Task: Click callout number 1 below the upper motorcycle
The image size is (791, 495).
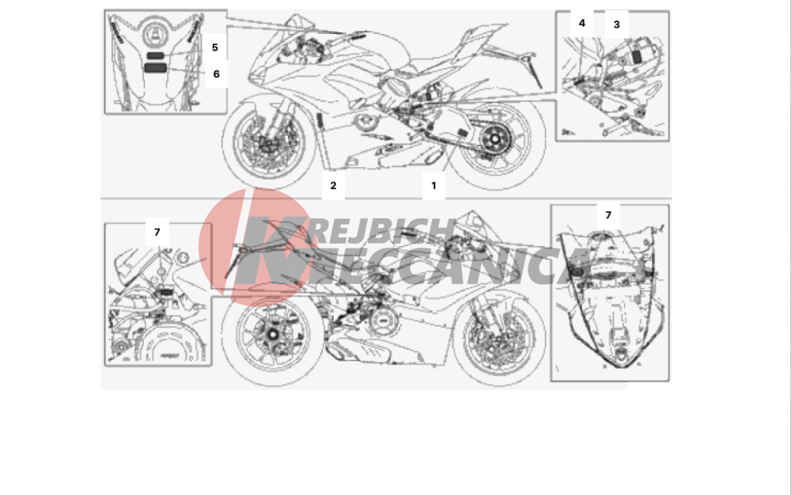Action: pyautogui.click(x=433, y=186)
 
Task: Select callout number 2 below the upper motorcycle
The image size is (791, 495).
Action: pyautogui.click(x=333, y=186)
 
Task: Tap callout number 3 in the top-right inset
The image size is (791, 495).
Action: pyautogui.click(x=616, y=25)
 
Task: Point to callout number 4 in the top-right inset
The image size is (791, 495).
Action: pyautogui.click(x=581, y=23)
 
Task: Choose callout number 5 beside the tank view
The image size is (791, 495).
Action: pyautogui.click(x=215, y=47)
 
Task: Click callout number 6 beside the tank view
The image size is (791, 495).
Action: pyautogui.click(x=217, y=74)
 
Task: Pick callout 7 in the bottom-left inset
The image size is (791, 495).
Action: pyautogui.click(x=157, y=232)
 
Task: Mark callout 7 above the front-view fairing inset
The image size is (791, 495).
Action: pyautogui.click(x=608, y=215)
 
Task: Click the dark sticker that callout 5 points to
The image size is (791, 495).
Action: pyautogui.click(x=155, y=55)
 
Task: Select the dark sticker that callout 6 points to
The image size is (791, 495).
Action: pyautogui.click(x=155, y=67)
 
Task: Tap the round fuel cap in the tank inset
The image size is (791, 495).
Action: pyautogui.click(x=155, y=36)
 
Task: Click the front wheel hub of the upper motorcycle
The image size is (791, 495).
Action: pyautogui.click(x=268, y=143)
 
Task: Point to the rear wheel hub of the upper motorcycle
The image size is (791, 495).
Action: pyautogui.click(x=495, y=138)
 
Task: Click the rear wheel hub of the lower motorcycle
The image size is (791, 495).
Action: pyautogui.click(x=273, y=334)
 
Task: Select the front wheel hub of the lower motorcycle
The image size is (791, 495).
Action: pyautogui.click(x=499, y=338)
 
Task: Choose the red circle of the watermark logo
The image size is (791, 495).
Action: pyautogui.click(x=255, y=247)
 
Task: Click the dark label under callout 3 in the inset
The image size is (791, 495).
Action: pyautogui.click(x=637, y=56)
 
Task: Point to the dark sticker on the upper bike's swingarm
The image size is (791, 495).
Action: pyautogui.click(x=463, y=133)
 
